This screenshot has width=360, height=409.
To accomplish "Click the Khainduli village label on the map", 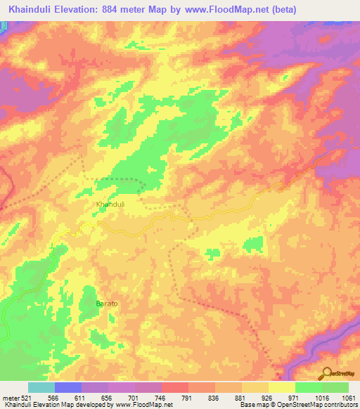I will [110, 204].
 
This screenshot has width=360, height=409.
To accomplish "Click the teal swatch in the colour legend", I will [41, 387].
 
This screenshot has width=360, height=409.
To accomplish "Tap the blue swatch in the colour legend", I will [68, 387].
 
